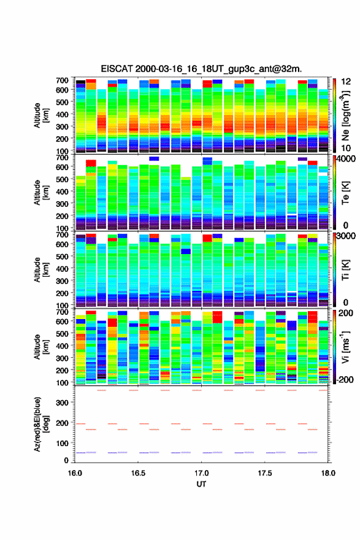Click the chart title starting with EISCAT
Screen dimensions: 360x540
tap(201, 69)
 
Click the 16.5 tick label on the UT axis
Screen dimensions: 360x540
tap(138, 473)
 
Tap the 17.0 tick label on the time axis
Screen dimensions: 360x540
tap(201, 473)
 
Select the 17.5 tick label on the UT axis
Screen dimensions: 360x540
tap(265, 473)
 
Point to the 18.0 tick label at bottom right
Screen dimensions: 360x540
tap(328, 473)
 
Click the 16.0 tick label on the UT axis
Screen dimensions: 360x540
tap(75, 473)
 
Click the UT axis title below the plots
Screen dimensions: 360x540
tap(201, 484)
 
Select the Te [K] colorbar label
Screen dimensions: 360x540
tap(345, 193)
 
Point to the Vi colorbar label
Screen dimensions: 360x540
tap(345, 347)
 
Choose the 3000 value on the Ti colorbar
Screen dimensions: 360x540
tap(346, 236)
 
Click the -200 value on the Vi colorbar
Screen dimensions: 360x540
tap(343, 379)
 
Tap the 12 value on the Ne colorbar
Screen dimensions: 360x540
tap(345, 81)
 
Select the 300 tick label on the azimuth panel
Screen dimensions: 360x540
tap(62, 403)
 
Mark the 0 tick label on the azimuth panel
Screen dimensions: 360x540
tap(66, 460)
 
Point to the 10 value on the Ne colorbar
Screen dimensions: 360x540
tap(345, 148)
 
